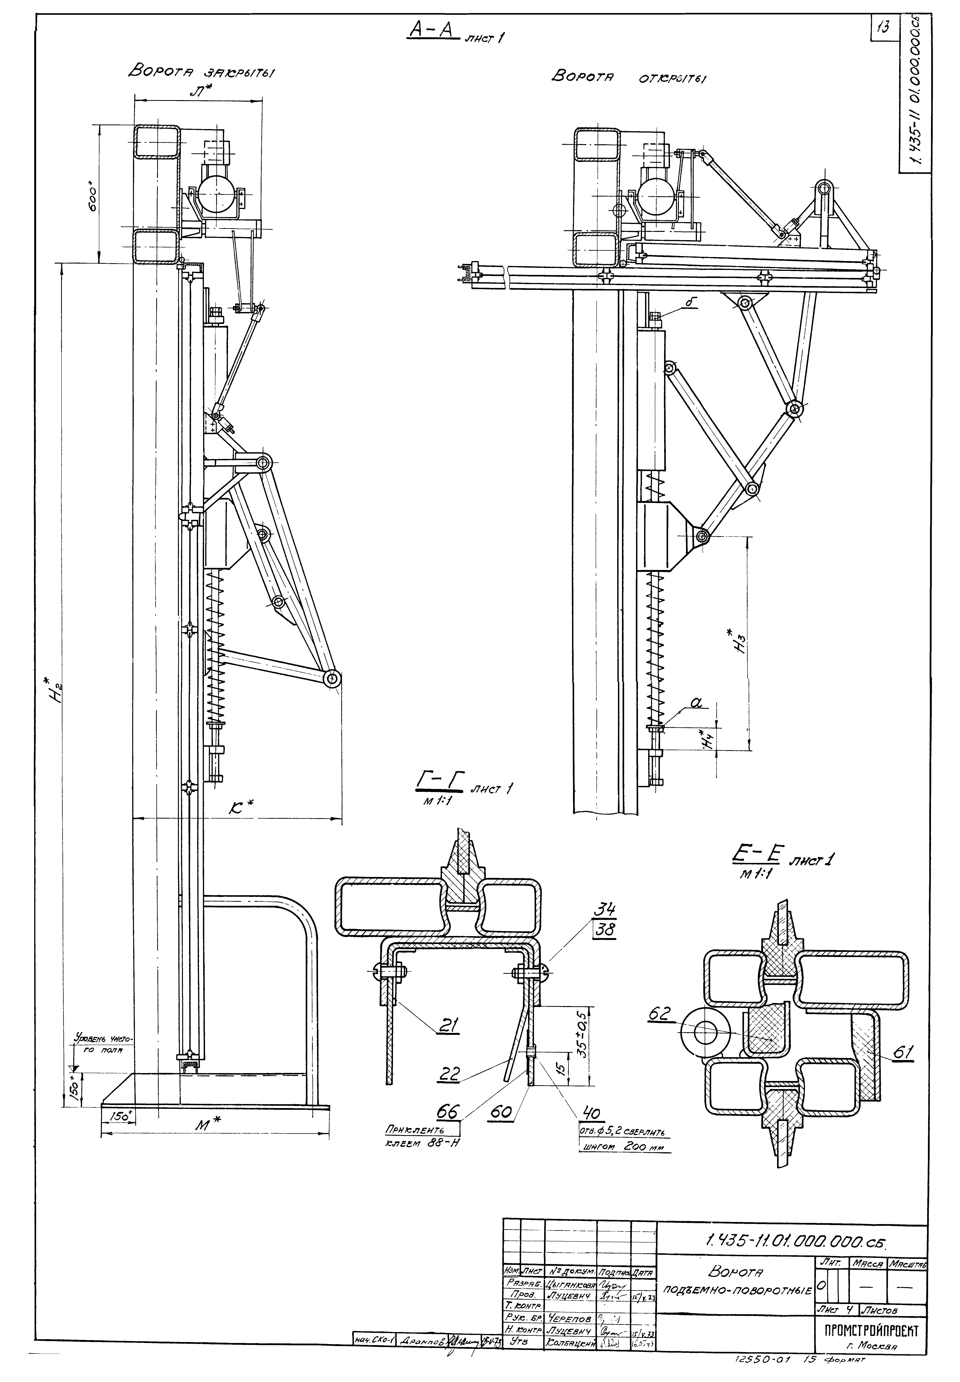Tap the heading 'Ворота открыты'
(x=629, y=78)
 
